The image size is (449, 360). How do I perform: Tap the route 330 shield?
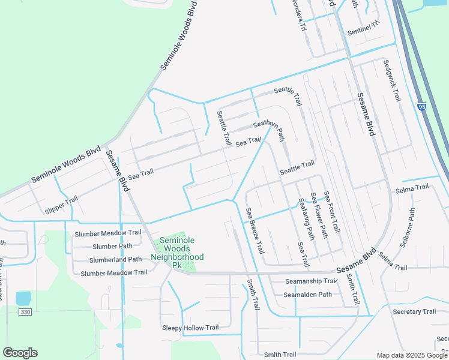coord(25,312)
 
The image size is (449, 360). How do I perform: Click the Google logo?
coord(20,353)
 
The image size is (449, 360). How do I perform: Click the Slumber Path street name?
coord(112,246)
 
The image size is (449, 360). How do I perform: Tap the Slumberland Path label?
coord(115,259)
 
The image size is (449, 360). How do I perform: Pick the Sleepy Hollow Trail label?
coord(190,328)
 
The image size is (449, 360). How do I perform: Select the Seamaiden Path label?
coord(308,294)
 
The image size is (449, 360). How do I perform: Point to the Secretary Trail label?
coord(414,311)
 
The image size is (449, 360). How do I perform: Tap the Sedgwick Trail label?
coord(391,80)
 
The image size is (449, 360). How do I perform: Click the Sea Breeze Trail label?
coord(255,230)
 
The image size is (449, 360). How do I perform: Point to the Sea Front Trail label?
coord(332,212)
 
